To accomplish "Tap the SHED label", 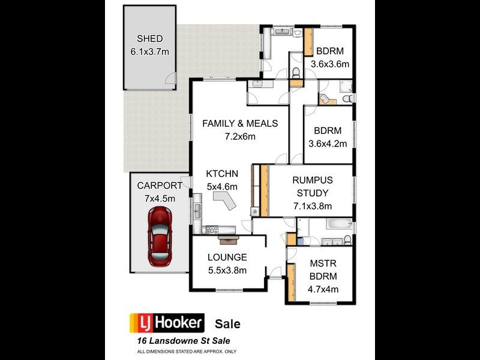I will coord(149,39).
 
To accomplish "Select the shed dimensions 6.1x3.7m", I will coord(149,52).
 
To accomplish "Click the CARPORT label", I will coord(160,185).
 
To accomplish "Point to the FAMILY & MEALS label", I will coord(240,124).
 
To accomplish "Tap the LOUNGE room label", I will coord(227,257).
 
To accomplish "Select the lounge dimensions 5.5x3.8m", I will coord(227,270).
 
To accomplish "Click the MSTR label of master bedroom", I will coord(323,263).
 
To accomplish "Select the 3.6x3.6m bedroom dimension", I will coord(329,64).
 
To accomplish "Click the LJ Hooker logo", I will coord(167,323).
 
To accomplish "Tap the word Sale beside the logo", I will coord(227,324).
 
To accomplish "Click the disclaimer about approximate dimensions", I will coord(187,351).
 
